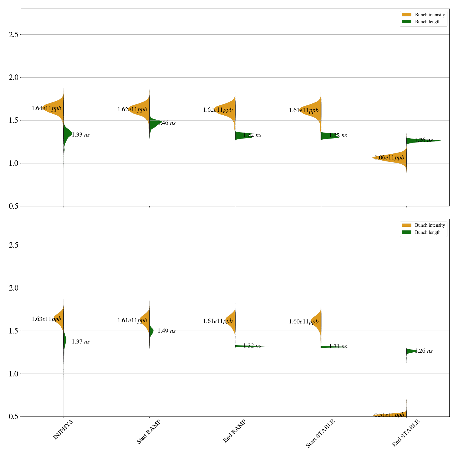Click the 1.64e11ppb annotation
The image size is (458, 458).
tap(46, 108)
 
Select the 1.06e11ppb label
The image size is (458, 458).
tap(389, 158)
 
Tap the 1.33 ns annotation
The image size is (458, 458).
tap(81, 135)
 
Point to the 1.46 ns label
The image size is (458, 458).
tap(167, 123)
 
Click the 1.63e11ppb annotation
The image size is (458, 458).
tap(46, 319)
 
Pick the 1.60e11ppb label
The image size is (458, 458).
tap(304, 322)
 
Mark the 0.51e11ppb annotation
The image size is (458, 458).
tap(389, 415)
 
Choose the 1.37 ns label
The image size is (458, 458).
tap(81, 342)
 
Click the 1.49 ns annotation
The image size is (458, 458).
tap(167, 331)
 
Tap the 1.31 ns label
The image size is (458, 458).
tap(338, 347)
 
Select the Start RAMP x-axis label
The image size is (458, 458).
tap(148, 432)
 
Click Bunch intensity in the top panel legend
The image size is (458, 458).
tap(430, 15)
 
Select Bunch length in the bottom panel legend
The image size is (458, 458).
tap(428, 232)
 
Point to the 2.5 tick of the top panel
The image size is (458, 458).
tap(13, 35)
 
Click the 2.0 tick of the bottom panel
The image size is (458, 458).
tap(13, 288)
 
